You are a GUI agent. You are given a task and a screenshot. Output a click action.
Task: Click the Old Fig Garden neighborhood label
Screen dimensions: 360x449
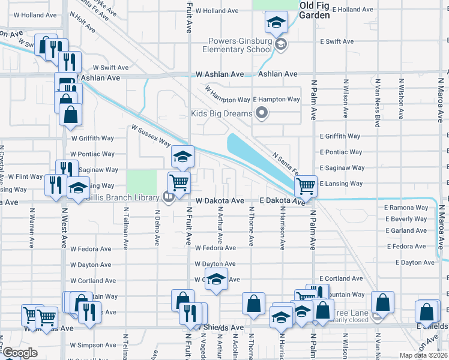coord(315,10)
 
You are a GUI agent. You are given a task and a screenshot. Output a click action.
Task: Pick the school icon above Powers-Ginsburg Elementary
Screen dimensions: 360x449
coord(276,23)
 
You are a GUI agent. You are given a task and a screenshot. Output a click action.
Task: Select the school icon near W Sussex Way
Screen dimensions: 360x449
coord(182,157)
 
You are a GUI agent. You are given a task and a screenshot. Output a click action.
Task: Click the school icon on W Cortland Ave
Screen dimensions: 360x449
coord(217,280)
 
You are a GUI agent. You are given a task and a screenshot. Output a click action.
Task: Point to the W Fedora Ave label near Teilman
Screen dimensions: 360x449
coord(91,248)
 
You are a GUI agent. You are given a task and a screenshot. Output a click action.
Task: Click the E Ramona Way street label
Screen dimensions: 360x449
coord(406,208)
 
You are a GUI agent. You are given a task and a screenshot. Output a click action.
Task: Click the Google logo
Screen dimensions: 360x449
coord(20,353)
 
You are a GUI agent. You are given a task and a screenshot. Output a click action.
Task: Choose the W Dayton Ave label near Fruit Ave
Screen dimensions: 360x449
coord(214,264)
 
